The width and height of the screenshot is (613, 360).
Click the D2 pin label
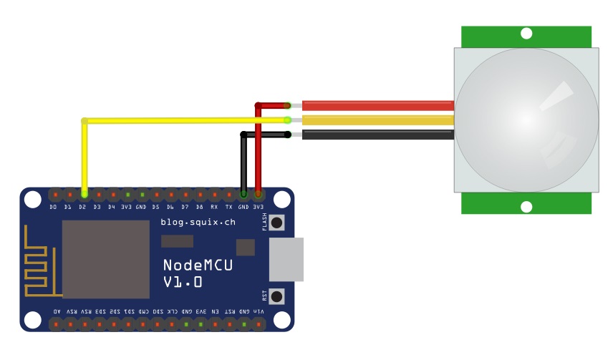(83, 208)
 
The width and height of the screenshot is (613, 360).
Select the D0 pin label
(54, 208)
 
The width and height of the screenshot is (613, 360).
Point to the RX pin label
(214, 208)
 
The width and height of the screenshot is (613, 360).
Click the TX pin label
(229, 208)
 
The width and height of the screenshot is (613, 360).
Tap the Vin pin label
(259, 311)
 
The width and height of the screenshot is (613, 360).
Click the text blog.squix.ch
(198, 223)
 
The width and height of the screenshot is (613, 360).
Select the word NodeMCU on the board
(198, 266)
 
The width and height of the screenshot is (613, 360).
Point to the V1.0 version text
(183, 283)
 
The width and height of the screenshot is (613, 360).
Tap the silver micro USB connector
(286, 259)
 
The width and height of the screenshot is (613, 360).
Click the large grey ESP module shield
(106, 259)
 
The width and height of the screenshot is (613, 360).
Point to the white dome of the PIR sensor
(526, 120)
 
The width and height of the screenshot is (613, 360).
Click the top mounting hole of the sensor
(526, 33)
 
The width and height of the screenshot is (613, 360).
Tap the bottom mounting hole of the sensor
(526, 207)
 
